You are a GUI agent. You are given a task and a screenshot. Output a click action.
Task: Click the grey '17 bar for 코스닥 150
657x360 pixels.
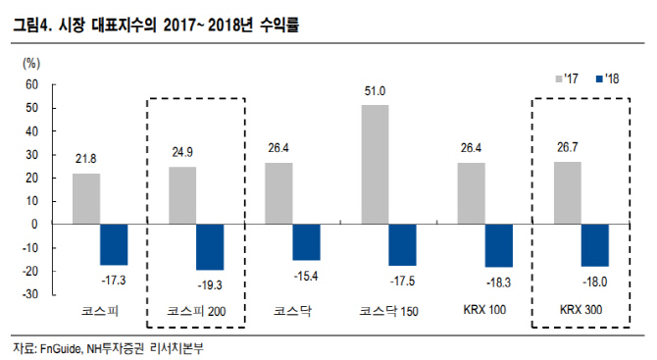point(375,164)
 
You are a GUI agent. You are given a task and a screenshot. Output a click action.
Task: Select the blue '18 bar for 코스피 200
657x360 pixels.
point(210,247)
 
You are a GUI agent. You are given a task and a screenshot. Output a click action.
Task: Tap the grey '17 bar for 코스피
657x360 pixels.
point(86,199)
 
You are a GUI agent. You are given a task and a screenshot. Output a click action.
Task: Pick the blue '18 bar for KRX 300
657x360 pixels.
point(595,245)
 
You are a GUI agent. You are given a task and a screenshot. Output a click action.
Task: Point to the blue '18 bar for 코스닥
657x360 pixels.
point(306,242)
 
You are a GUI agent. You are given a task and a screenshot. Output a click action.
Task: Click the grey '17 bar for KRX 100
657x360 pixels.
point(472,193)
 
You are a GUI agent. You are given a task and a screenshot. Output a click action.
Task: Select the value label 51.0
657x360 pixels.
point(375,91)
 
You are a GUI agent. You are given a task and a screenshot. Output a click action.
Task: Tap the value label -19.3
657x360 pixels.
point(210,285)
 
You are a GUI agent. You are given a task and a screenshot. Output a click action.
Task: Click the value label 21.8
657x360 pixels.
point(86,159)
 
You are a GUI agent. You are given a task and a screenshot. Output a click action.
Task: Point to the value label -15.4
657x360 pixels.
point(306,277)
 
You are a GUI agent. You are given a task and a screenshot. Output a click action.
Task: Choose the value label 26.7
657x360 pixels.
point(568,147)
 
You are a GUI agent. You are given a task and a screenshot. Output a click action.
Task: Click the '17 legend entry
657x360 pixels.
point(567,78)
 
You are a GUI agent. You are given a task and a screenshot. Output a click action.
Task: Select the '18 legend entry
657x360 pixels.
point(607,78)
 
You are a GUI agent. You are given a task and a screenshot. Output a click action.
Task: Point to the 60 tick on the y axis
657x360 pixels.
point(31,84)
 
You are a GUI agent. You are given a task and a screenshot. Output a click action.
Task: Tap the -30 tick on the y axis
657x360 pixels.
point(29,294)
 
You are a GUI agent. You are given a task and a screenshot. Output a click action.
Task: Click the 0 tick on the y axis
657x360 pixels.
point(34,225)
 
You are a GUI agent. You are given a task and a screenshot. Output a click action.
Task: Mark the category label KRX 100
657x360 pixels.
point(484,310)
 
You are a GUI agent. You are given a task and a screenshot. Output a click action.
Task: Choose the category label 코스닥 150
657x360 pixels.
point(389,311)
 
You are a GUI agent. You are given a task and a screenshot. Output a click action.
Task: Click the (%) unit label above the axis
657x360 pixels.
point(31,64)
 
